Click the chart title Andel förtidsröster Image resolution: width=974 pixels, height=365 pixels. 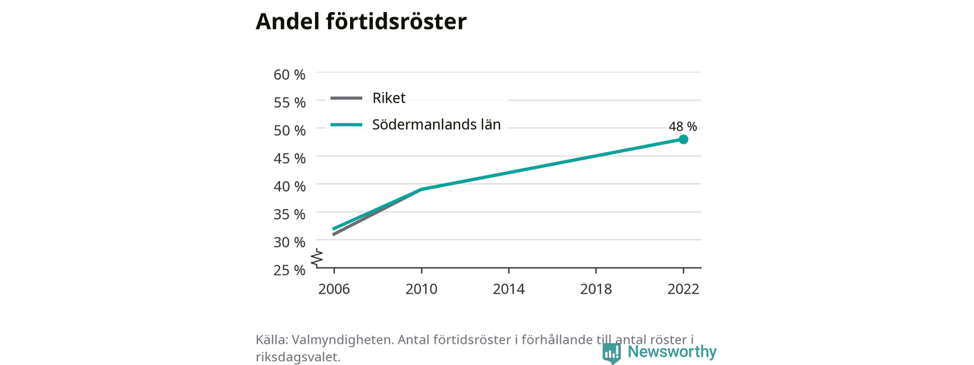(361, 21)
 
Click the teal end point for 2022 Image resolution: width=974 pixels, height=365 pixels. (683, 139)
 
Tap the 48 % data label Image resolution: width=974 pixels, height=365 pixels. (683, 126)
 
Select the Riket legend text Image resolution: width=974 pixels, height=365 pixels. (389, 98)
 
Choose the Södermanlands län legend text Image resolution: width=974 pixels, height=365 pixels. (437, 125)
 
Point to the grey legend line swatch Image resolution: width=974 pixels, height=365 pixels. (346, 98)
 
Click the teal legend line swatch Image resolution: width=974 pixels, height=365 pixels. (346, 125)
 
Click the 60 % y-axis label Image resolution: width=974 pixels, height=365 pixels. (290, 75)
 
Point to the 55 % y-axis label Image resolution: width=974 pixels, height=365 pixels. (290, 103)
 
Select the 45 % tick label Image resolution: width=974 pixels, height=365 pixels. (290, 159)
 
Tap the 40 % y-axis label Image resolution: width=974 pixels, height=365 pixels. (290, 186)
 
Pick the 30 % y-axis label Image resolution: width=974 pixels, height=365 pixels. (290, 242)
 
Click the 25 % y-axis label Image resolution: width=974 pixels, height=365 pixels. (290, 270)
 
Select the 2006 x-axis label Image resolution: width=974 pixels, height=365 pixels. (334, 289)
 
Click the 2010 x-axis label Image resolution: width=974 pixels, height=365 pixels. (422, 289)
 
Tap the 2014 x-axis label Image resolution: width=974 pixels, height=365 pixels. (509, 289)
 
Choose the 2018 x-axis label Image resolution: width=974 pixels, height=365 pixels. (596, 289)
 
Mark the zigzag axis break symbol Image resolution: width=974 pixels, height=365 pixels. (317, 258)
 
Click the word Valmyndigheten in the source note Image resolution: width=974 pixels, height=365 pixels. (342, 340)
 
